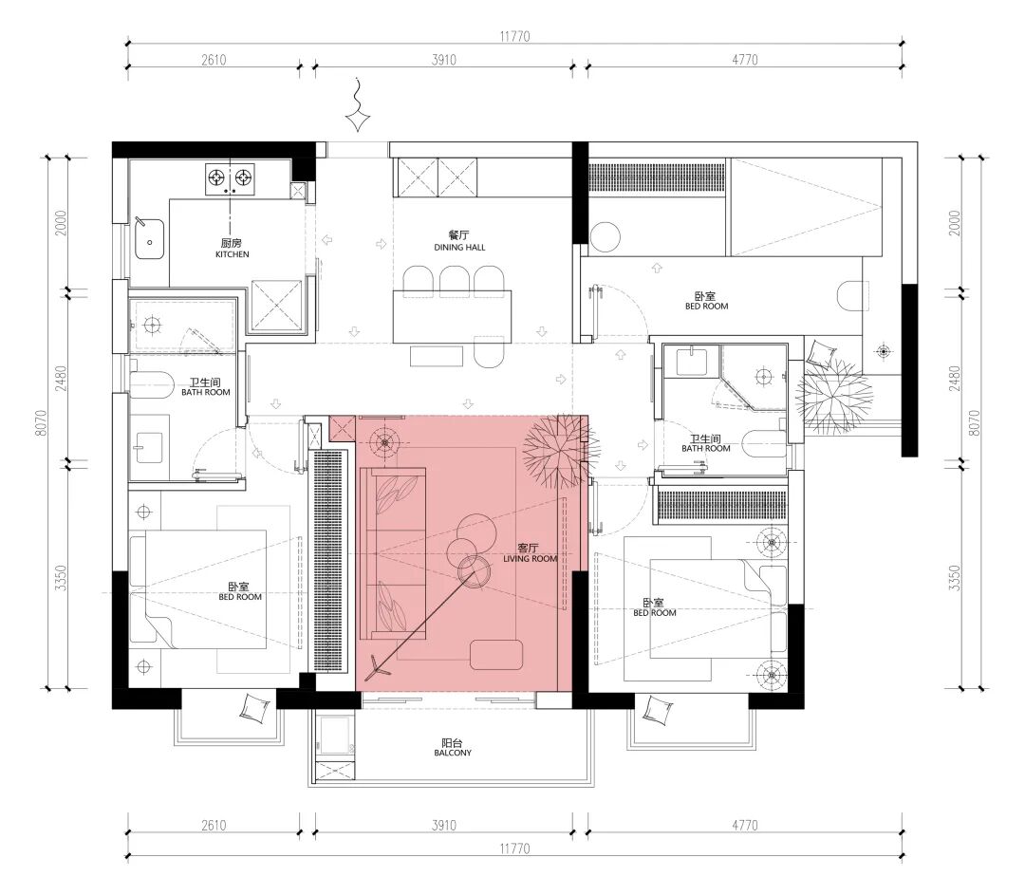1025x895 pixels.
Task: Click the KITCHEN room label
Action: point(233,254)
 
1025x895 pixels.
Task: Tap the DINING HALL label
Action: point(459,247)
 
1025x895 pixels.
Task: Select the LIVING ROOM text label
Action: point(531,559)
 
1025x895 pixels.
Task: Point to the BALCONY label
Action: point(453,753)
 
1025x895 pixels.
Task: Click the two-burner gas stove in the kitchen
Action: point(230,178)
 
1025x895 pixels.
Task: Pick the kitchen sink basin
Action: point(149,238)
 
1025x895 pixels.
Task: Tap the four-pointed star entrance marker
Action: point(358,121)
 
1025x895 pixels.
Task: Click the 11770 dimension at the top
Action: point(515,37)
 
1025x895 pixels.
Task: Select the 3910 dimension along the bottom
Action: point(444,825)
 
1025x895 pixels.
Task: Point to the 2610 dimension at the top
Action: point(214,60)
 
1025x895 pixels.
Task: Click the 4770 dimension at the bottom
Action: point(745,825)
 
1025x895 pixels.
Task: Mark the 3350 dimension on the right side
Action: point(955,578)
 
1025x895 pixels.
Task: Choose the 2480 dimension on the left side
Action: point(61,379)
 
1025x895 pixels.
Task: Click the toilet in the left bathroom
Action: point(150,384)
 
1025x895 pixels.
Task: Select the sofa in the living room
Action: point(393,553)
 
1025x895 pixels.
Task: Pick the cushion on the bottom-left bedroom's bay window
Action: point(255,709)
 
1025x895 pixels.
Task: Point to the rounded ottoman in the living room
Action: point(496,655)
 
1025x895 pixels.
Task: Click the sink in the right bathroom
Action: point(691,361)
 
